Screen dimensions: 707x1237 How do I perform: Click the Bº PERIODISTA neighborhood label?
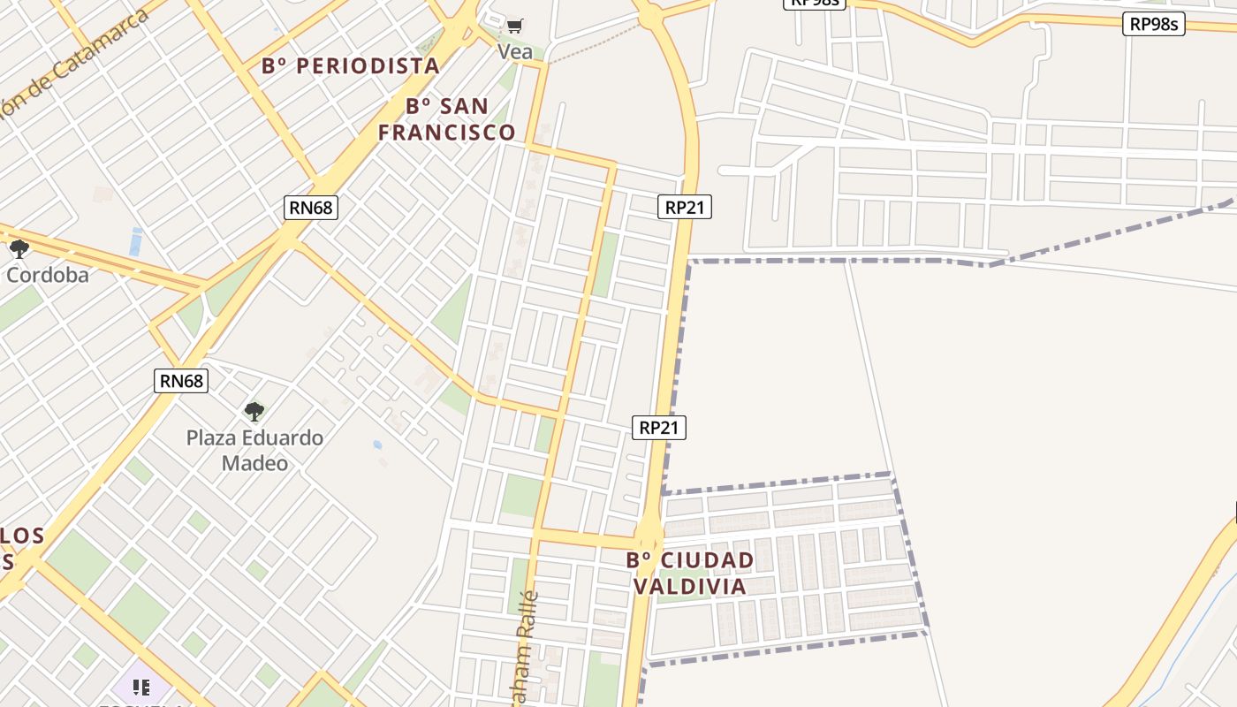[x=351, y=65]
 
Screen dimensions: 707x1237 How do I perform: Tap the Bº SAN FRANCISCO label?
[x=446, y=119]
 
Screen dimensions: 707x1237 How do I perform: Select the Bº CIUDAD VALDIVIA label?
[x=690, y=573]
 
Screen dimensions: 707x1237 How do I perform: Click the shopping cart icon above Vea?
[x=515, y=26]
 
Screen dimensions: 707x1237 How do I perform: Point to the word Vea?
[x=515, y=52]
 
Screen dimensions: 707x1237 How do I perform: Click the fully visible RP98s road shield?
[x=1154, y=24]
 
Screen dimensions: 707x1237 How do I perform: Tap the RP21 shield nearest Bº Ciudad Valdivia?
[x=659, y=428]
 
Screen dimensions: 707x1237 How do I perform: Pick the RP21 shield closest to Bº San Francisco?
[x=684, y=207]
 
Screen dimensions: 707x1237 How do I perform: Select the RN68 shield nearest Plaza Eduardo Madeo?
[x=181, y=381]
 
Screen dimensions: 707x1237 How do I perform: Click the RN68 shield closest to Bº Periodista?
[x=311, y=208]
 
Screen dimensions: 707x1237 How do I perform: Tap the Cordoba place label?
[x=48, y=275]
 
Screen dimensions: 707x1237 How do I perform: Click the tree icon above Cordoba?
[x=19, y=248]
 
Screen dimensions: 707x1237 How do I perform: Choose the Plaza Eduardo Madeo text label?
[x=254, y=450]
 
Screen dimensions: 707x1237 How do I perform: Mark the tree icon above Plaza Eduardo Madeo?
[x=254, y=411]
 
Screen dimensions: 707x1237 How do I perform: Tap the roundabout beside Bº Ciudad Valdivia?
[x=649, y=532]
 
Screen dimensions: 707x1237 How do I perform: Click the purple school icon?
[x=140, y=687]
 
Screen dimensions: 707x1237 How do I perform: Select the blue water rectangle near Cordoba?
[x=135, y=241]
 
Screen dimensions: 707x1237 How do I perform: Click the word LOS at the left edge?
[x=21, y=536]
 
